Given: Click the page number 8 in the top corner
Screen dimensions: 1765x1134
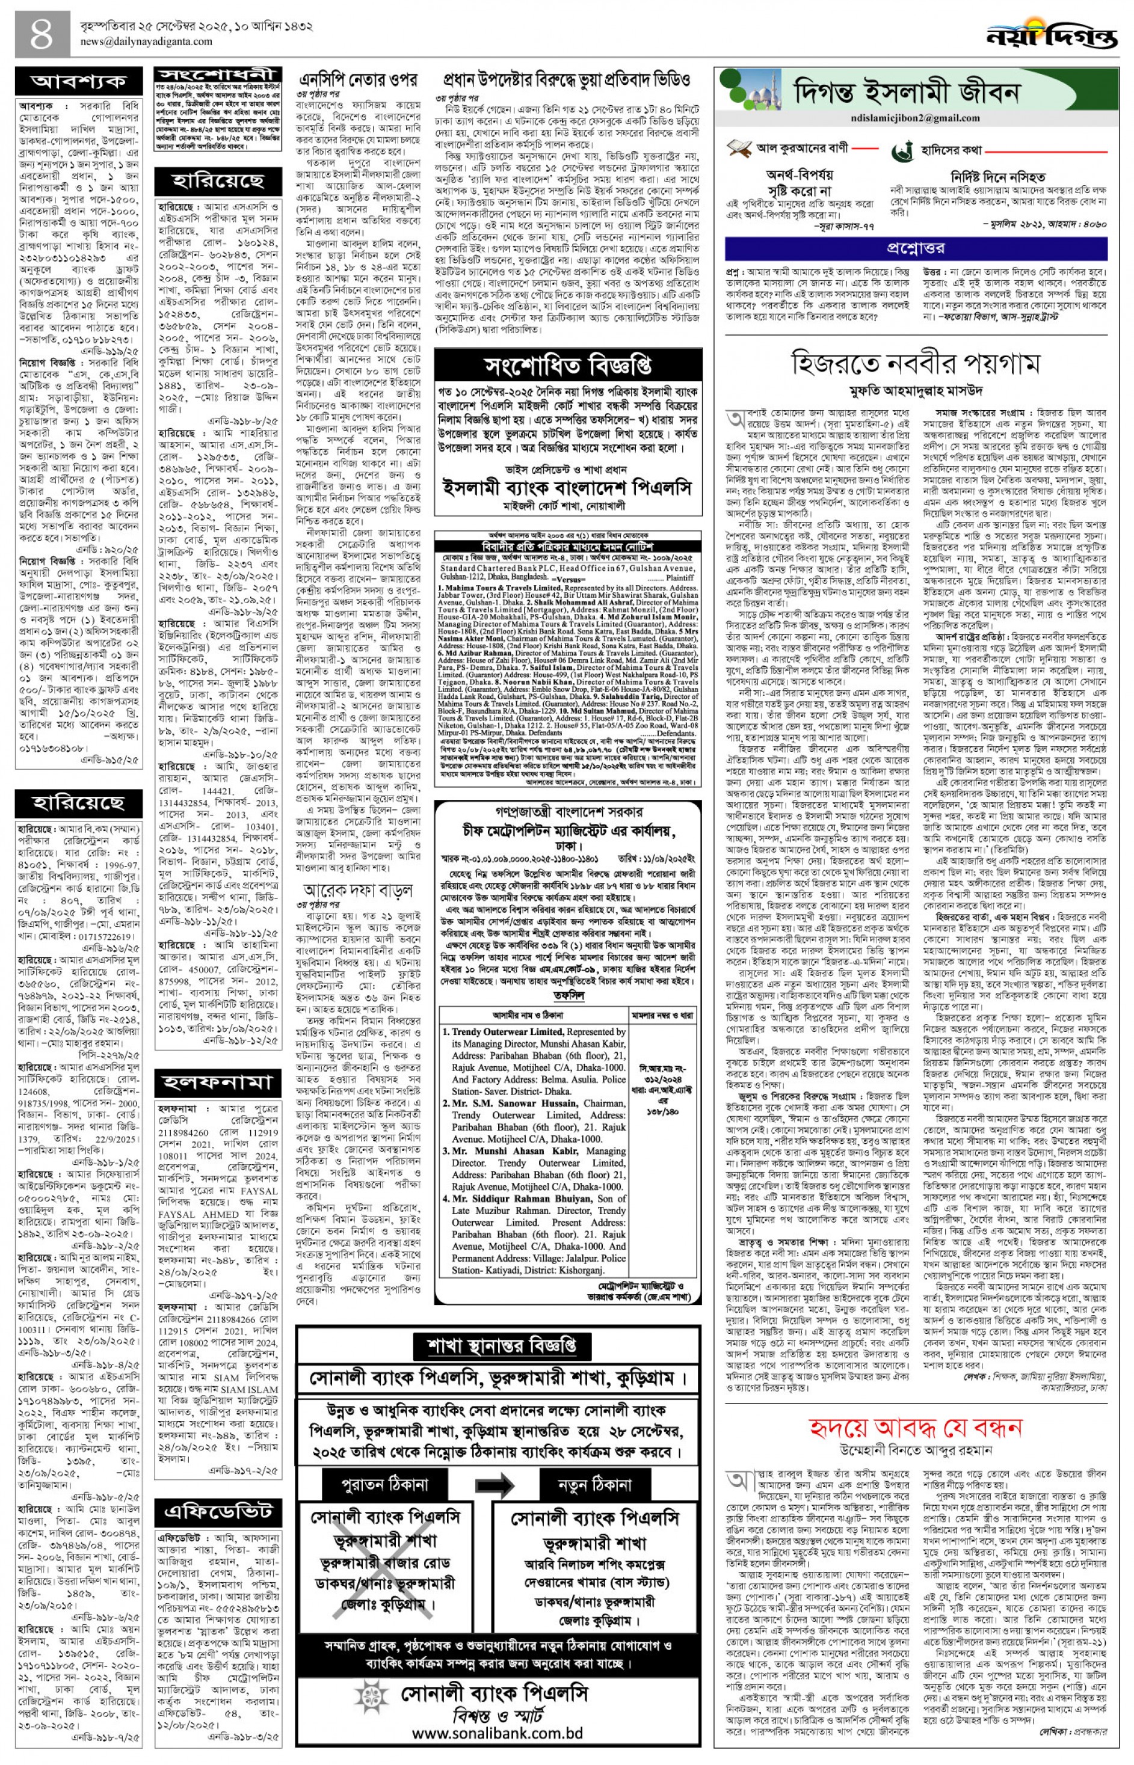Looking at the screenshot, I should (43, 35).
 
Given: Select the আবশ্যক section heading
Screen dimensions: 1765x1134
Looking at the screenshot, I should (79, 81).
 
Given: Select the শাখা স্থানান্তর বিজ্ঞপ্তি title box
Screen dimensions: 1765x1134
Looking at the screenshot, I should (498, 1346).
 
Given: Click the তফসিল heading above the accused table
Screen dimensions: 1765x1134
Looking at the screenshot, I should (567, 996).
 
